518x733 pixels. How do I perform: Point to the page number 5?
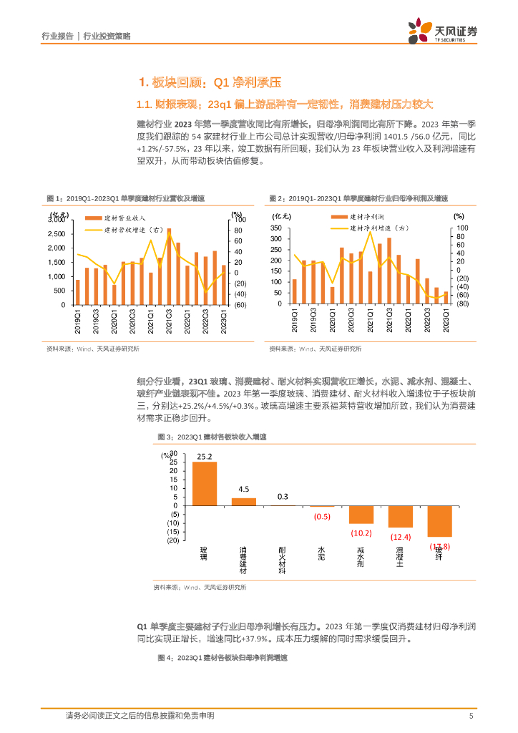471,716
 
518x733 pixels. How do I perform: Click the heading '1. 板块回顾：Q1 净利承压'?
190,82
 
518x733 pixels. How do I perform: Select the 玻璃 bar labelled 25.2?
205,483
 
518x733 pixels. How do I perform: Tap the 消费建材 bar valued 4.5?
244,501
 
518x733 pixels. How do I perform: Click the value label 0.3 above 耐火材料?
283,497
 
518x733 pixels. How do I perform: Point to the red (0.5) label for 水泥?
322,517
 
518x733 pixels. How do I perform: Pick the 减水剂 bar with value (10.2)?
361,514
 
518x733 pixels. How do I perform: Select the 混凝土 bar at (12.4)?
400,516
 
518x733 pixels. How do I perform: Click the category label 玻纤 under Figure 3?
439,555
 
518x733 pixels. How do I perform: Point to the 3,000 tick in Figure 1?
56,219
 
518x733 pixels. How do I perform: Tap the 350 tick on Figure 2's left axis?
276,228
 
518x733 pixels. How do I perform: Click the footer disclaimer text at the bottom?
140,716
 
